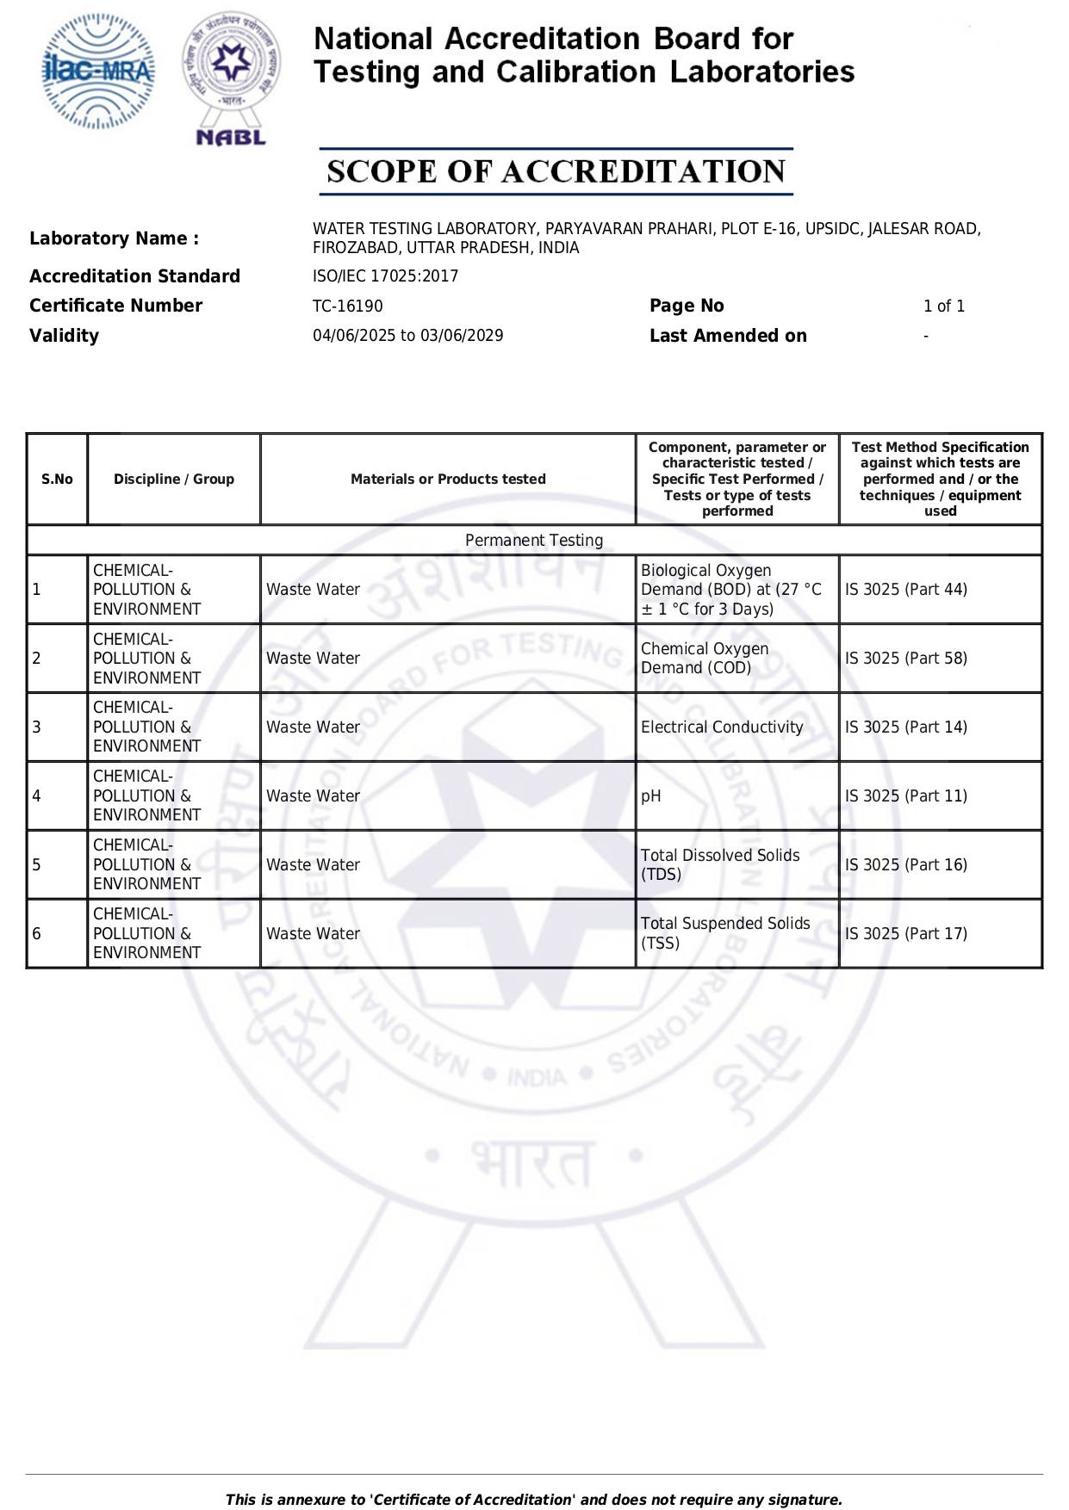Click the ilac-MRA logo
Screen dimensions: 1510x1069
(x=99, y=71)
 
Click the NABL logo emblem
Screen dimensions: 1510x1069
(x=231, y=77)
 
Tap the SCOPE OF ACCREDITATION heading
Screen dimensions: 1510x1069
(x=556, y=171)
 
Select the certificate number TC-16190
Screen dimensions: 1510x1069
(x=348, y=306)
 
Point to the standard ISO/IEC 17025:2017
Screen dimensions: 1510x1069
(x=385, y=276)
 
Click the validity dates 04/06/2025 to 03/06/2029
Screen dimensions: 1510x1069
(x=407, y=336)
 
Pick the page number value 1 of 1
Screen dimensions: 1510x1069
(x=943, y=306)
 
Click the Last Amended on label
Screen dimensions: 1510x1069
(x=728, y=336)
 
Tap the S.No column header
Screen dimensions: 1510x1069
(x=57, y=480)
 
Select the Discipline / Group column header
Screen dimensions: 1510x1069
(x=174, y=480)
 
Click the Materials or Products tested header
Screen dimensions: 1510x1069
(x=448, y=480)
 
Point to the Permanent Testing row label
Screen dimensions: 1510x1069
(x=534, y=541)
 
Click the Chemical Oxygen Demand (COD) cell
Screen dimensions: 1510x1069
(x=705, y=659)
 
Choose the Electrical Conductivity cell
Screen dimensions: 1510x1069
(x=722, y=727)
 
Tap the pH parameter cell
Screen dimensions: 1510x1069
(x=651, y=796)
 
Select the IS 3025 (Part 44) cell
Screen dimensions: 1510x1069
(x=905, y=590)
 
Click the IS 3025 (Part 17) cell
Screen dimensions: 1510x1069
(x=905, y=934)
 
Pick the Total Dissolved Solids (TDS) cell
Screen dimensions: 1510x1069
(x=720, y=865)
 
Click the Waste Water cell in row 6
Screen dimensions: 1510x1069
(x=313, y=934)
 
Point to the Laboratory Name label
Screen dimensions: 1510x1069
(x=114, y=238)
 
